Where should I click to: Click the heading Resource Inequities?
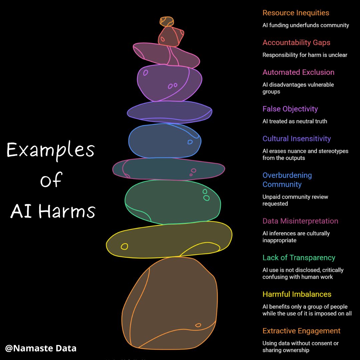(x=296, y=13)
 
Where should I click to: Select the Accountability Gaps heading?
(x=296, y=43)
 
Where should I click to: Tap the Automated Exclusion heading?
(x=298, y=72)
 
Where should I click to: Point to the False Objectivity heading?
(x=290, y=109)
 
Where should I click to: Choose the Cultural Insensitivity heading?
(x=297, y=139)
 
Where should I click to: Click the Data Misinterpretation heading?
(x=300, y=221)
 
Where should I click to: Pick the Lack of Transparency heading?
(x=299, y=258)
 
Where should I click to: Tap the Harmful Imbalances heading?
(x=297, y=294)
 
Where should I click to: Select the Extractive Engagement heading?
(x=301, y=331)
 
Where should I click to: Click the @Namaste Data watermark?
(x=41, y=348)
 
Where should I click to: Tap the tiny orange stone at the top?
(x=167, y=22)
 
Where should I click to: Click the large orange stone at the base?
(x=169, y=303)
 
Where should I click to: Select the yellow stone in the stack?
(x=169, y=240)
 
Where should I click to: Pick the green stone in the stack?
(x=173, y=202)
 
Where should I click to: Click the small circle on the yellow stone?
(x=124, y=247)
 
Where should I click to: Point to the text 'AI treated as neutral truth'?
(x=295, y=121)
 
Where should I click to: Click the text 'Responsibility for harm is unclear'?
(x=305, y=55)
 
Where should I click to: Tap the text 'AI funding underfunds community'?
(x=306, y=25)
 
